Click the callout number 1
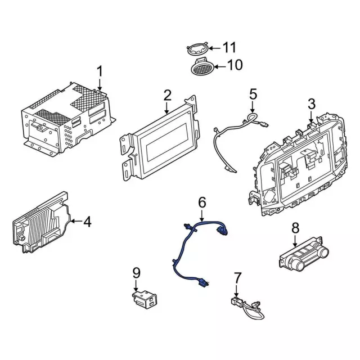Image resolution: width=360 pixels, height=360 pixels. tap(100, 71)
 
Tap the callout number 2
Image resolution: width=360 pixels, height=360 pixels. tap(167, 96)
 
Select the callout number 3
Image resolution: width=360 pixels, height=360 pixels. tap(312, 103)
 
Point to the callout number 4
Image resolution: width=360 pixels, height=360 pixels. tap(87, 222)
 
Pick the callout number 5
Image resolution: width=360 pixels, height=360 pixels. tap(253, 93)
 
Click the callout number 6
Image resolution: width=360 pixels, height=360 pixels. tap(202, 201)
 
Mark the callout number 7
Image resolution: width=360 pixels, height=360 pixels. tap(237, 277)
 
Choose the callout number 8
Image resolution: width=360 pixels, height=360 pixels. tap(295, 228)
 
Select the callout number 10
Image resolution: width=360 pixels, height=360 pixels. tap(235, 65)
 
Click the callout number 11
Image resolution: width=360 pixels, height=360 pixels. tap(230, 47)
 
